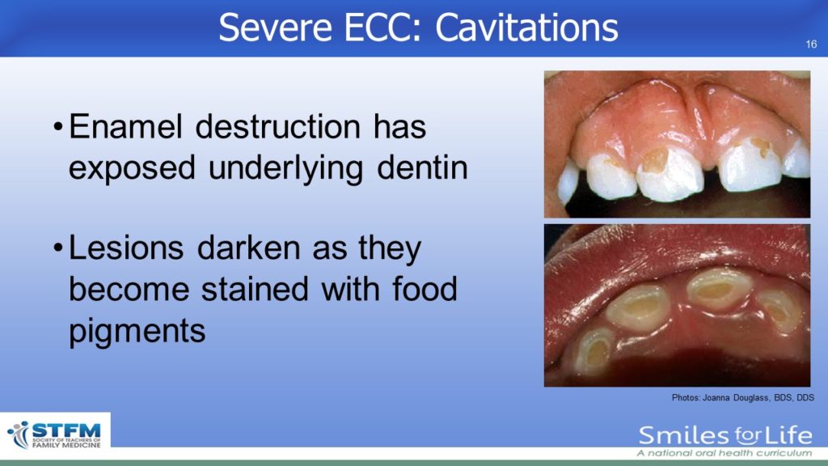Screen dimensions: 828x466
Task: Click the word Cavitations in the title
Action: (x=526, y=28)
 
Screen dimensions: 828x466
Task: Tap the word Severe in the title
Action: (x=275, y=28)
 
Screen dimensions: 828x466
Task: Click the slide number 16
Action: (x=811, y=44)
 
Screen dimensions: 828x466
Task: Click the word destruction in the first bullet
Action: (x=278, y=127)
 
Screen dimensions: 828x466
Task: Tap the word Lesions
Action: (x=126, y=248)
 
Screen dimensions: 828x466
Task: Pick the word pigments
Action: (x=137, y=332)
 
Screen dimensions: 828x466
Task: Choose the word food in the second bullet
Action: (x=425, y=289)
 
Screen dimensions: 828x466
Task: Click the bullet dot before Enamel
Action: (x=58, y=127)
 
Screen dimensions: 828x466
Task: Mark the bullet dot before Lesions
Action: (x=58, y=248)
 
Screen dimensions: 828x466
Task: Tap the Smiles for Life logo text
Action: (x=725, y=435)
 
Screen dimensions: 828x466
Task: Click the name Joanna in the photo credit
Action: (x=716, y=397)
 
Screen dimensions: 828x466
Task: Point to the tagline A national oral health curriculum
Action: (x=724, y=453)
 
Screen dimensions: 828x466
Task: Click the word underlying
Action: (x=285, y=168)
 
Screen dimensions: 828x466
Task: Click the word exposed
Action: (x=132, y=168)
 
